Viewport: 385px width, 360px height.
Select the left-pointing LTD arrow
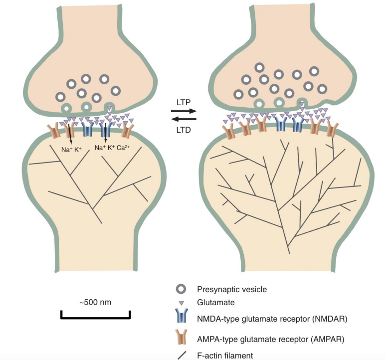point(184,119)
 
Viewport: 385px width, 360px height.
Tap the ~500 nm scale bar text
point(95,303)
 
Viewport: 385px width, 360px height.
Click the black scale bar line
point(95,317)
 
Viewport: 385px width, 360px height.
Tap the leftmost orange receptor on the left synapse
point(53,131)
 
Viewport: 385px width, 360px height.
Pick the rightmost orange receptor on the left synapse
point(128,131)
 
